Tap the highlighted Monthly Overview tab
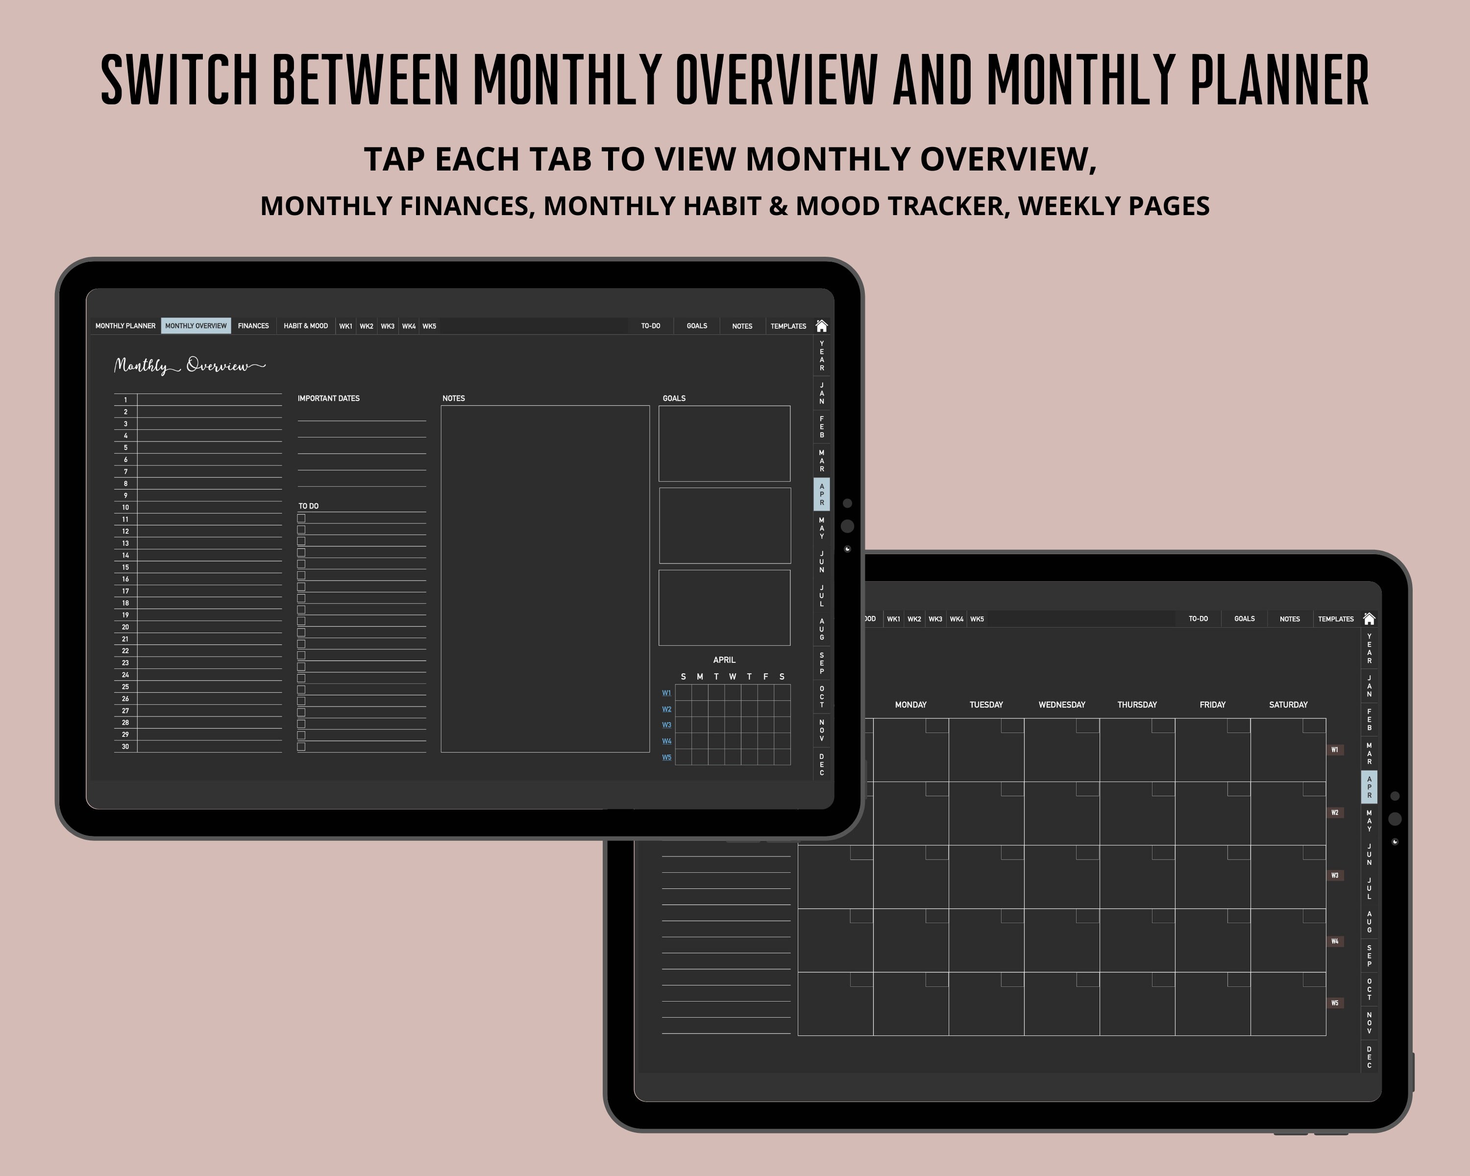(196, 326)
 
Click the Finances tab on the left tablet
(253, 326)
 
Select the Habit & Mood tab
(305, 326)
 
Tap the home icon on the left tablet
(822, 326)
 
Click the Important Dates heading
(329, 398)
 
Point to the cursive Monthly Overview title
(190, 366)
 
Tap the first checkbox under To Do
(301, 518)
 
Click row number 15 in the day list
(125, 567)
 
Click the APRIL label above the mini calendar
(724, 660)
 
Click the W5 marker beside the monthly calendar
(1335, 1003)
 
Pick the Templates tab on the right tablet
(1336, 619)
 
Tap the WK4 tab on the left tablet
(408, 326)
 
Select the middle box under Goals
(724, 526)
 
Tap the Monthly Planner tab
(125, 326)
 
